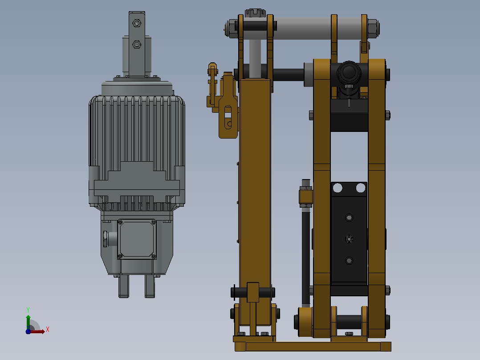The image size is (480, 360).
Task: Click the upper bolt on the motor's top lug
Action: pyautogui.click(x=137, y=23)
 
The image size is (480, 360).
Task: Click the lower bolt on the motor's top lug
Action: pyautogui.click(x=137, y=45)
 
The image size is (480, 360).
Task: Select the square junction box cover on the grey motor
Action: pyautogui.click(x=137, y=239)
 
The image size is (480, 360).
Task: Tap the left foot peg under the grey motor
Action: pyautogui.click(x=124, y=286)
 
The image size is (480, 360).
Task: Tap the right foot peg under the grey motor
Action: pyautogui.click(x=150, y=286)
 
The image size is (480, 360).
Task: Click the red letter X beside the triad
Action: pyautogui.click(x=48, y=330)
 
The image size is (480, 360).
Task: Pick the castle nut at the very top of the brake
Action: pyautogui.click(x=255, y=13)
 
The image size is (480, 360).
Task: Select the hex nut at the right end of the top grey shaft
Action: pyautogui.click(x=373, y=29)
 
